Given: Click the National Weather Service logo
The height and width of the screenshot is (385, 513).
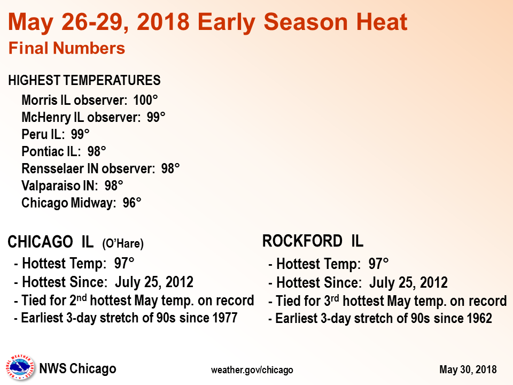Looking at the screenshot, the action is click(x=20, y=368).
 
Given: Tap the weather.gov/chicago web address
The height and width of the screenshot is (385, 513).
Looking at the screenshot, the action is click(x=252, y=370).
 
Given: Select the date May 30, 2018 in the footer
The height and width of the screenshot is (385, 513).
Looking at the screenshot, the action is click(x=468, y=369).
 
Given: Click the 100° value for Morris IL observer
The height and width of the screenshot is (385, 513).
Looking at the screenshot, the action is click(x=145, y=100).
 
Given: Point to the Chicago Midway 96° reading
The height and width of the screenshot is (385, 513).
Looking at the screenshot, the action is click(x=132, y=203).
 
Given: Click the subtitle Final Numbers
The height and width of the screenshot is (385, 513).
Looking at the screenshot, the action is click(x=67, y=48).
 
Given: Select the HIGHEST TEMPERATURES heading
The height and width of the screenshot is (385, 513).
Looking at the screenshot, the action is click(x=84, y=80).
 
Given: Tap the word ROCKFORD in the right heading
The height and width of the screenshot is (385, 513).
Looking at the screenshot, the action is click(x=302, y=241).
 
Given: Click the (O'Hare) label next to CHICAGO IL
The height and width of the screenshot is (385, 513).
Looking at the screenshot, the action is click(x=123, y=244).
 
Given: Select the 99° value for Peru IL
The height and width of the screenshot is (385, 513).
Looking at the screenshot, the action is click(x=80, y=134).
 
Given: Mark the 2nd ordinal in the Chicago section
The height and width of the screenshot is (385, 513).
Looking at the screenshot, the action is click(x=78, y=300).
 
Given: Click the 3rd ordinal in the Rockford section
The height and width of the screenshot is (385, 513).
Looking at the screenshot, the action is click(x=331, y=301).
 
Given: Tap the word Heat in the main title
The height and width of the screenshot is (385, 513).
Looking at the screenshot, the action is click(x=382, y=22).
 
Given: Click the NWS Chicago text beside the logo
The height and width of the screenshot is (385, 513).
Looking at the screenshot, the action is click(x=77, y=368).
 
